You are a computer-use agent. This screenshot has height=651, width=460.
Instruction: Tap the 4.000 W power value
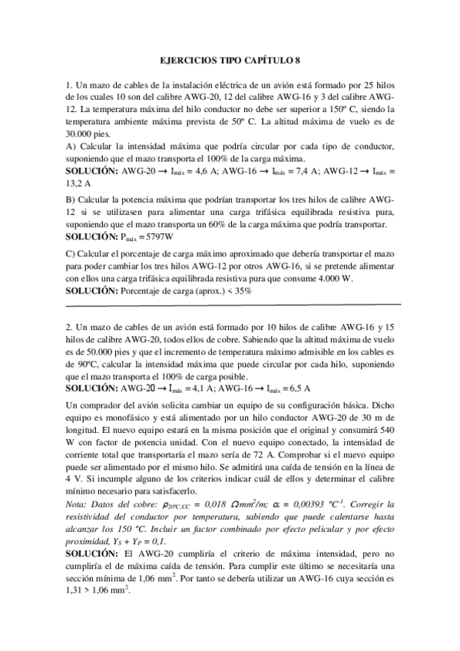(x=332, y=279)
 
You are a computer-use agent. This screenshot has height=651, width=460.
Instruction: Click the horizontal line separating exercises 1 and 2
(x=230, y=305)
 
